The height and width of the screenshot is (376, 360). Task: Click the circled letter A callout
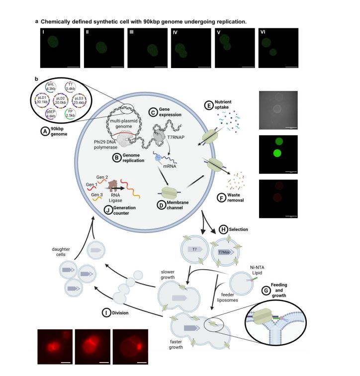click(45, 132)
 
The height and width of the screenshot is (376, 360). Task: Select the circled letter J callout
click(108, 210)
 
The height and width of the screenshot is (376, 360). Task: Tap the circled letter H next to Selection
click(223, 229)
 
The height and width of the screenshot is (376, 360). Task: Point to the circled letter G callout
click(266, 291)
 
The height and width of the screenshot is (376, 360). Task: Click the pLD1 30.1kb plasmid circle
click(42, 100)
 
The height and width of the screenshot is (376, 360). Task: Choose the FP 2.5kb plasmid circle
click(70, 113)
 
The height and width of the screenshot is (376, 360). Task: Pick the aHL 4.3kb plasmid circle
click(51, 87)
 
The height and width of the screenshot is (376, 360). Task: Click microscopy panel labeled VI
click(278, 48)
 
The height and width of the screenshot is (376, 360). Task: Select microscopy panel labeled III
click(147, 48)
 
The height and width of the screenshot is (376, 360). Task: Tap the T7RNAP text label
click(176, 138)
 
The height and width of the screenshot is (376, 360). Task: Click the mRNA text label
click(170, 166)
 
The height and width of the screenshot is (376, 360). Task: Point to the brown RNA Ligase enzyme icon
click(113, 185)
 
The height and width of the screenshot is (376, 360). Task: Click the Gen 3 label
click(97, 195)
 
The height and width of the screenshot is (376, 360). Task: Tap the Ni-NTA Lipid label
click(257, 270)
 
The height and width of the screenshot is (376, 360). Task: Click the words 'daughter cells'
click(61, 252)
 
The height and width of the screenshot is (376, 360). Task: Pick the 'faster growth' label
click(176, 344)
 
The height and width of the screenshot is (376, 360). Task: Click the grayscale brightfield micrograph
click(278, 110)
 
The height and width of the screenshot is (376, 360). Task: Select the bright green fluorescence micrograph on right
click(278, 154)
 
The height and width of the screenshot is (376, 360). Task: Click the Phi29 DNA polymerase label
click(105, 145)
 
